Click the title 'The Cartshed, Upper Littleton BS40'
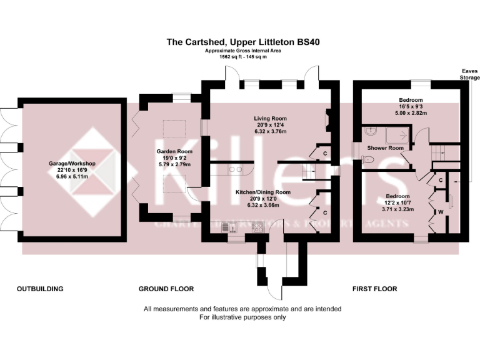(x=243, y=42)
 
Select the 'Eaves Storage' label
(x=469, y=74)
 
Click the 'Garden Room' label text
(x=174, y=151)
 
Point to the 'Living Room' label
(x=270, y=117)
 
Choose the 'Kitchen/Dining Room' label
(x=262, y=192)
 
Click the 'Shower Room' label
(x=385, y=148)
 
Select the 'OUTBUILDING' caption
(x=40, y=289)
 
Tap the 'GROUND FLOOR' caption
(x=166, y=289)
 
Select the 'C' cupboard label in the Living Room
(x=325, y=153)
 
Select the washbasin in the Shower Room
(x=371, y=132)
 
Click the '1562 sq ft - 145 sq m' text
(x=243, y=56)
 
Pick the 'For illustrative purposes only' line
(x=242, y=317)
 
